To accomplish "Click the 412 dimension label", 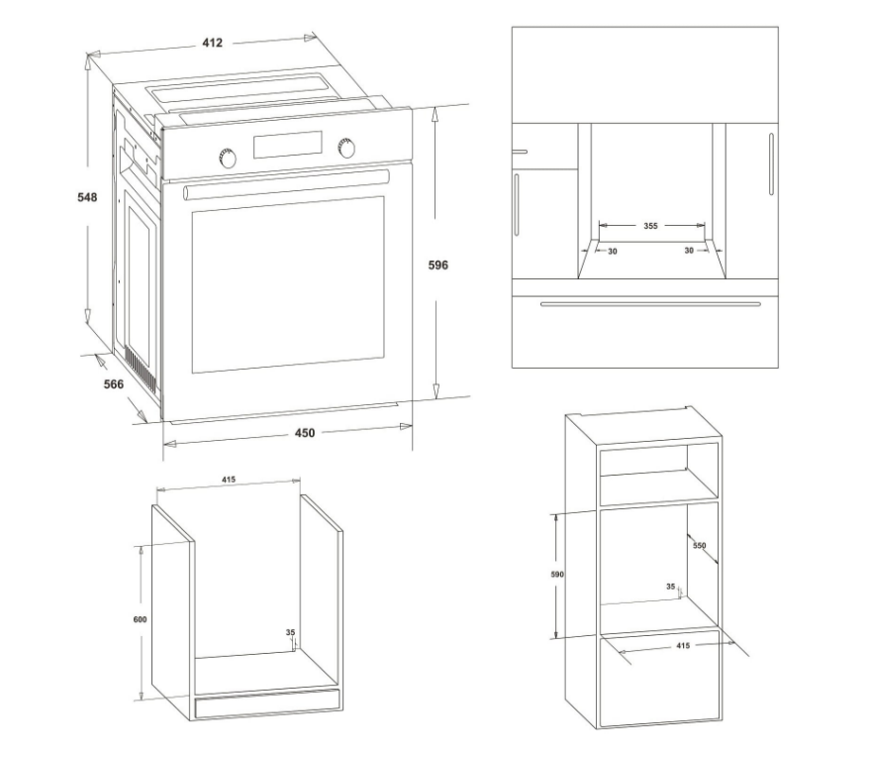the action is [x=212, y=43].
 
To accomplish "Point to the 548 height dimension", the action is [x=87, y=197].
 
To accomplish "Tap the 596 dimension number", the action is [x=437, y=265].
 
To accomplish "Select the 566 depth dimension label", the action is [x=114, y=383].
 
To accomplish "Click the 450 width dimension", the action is [x=305, y=433].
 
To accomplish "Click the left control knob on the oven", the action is [x=227, y=158].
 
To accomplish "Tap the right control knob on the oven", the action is [x=346, y=148].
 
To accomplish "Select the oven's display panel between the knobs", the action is [x=287, y=145].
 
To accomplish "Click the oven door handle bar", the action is [x=286, y=185].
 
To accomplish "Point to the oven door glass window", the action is [x=288, y=284].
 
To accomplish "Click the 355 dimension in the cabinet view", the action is [x=650, y=226].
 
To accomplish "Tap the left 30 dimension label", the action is [x=612, y=252].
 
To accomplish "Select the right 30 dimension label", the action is [x=689, y=251].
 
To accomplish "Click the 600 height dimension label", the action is [x=140, y=619].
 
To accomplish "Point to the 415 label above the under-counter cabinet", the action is [x=229, y=480].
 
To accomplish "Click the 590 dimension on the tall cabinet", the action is [x=557, y=575].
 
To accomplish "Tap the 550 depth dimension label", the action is [x=699, y=545].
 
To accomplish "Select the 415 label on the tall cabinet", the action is [x=683, y=645].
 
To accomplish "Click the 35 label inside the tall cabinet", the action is [x=671, y=587].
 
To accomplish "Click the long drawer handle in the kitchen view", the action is [x=650, y=304].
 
